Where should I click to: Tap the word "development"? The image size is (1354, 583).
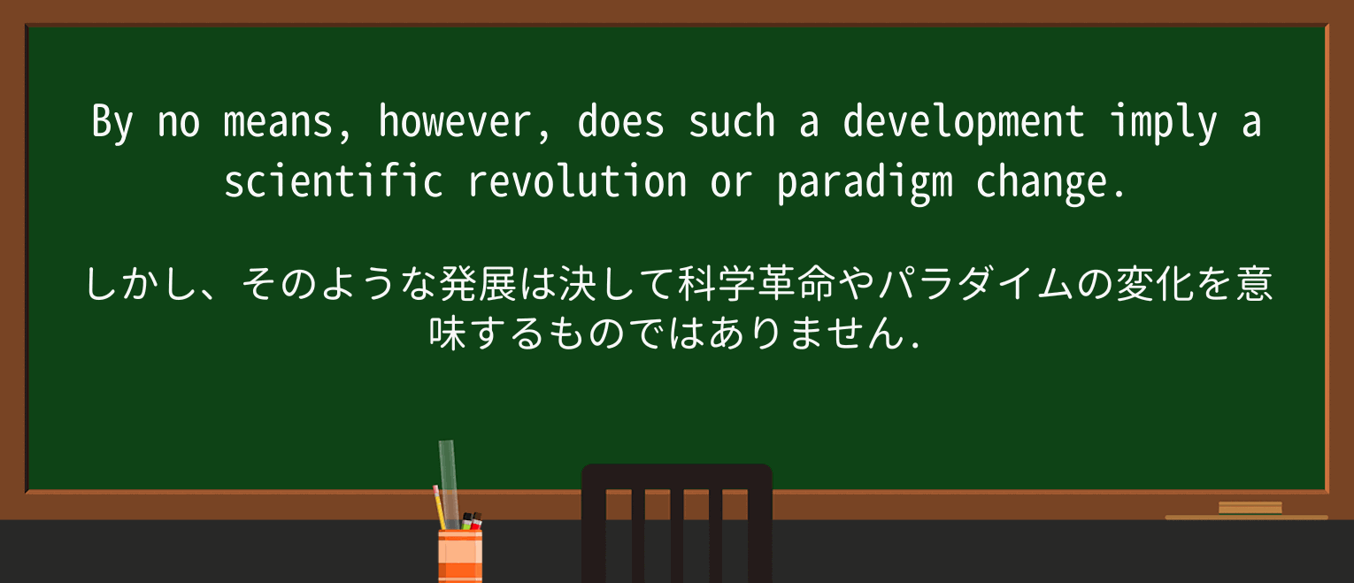click(x=964, y=123)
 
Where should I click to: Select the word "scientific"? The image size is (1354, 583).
click(x=334, y=182)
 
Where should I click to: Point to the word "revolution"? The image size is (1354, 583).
click(x=577, y=182)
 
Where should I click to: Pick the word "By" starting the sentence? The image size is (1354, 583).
click(x=112, y=123)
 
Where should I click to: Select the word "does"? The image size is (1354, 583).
click(x=621, y=123)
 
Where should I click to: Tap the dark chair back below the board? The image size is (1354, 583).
click(x=676, y=522)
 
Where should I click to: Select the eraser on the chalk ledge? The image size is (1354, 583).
click(x=1250, y=508)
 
